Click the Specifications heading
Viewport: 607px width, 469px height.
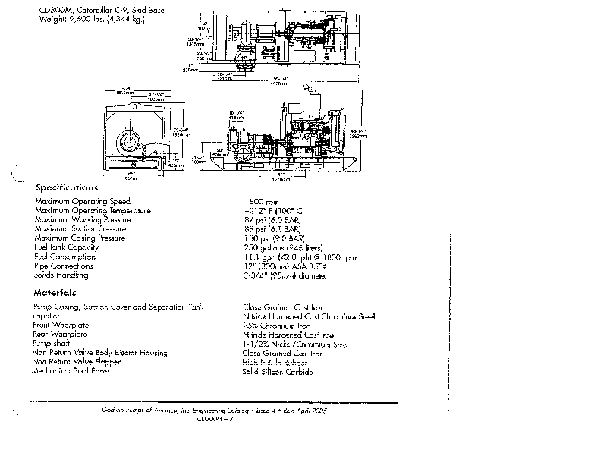(66, 187)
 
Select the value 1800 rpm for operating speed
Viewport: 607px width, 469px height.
(256, 201)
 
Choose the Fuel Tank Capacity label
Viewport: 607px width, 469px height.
(67, 247)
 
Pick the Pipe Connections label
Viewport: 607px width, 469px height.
(64, 266)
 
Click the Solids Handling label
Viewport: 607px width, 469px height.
(61, 275)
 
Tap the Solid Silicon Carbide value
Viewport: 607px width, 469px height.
(277, 371)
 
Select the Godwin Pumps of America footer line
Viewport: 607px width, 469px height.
(214, 410)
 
